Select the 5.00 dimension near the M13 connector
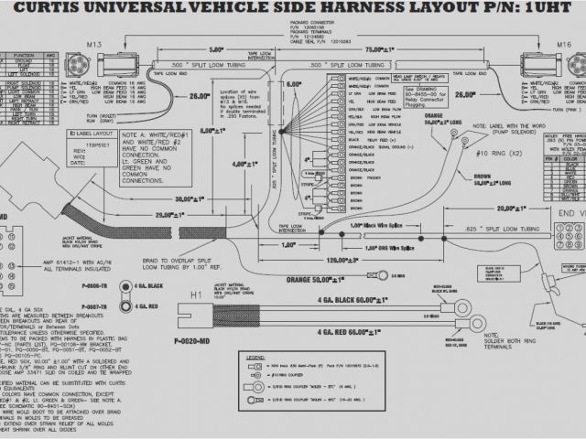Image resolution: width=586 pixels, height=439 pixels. tap(216, 49)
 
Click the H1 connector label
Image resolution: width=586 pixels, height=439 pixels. tap(196, 294)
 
